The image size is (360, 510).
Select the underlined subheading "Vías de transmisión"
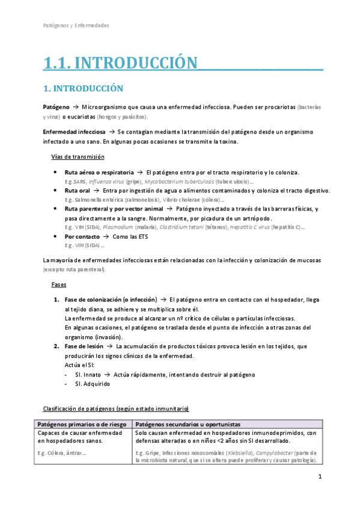coord(78,157)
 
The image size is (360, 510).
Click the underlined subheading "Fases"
coord(59,284)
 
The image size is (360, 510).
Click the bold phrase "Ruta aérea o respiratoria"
coord(99,173)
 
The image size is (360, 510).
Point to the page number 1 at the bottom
coord(320,477)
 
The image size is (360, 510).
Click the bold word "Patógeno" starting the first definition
coord(56,106)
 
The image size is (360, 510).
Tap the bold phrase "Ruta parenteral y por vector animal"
coord(114,209)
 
